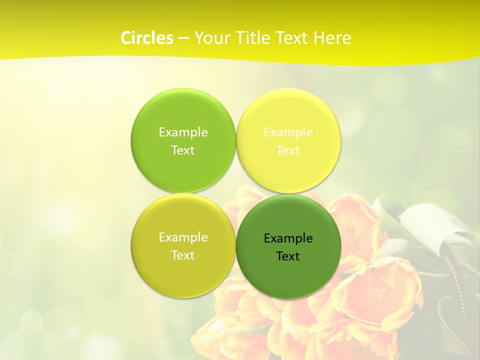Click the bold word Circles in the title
pyautogui.click(x=147, y=38)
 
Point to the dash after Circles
pyautogui.click(x=183, y=38)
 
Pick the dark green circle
pyautogui.click(x=288, y=275)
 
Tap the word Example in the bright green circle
pyautogui.click(x=183, y=132)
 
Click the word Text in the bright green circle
pyautogui.click(x=183, y=150)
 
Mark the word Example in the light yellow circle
pyautogui.click(x=288, y=132)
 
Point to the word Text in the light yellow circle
pyautogui.click(x=288, y=150)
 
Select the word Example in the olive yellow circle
pyautogui.click(x=183, y=237)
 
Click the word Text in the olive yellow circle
pyautogui.click(x=183, y=255)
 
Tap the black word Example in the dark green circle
pyautogui.click(x=288, y=238)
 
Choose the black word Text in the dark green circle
pyautogui.click(x=288, y=256)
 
